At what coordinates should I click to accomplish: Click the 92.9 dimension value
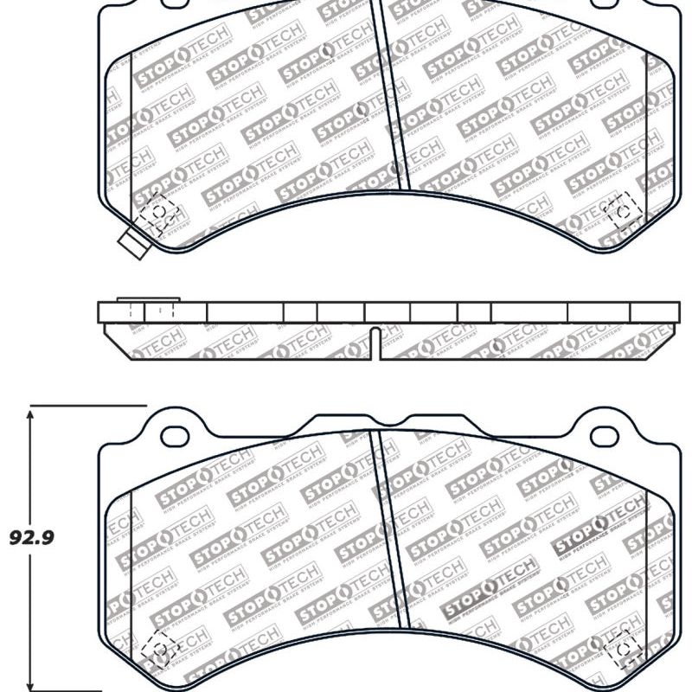(x=32, y=538)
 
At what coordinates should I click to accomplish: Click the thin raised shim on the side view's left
(x=147, y=300)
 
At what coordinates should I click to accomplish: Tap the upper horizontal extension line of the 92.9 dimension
(x=86, y=405)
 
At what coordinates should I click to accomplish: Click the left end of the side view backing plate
(x=101, y=312)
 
